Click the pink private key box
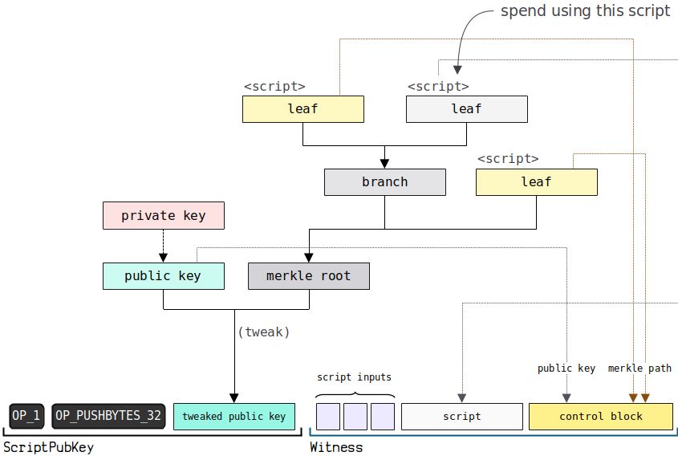[x=164, y=215]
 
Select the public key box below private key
[x=164, y=276]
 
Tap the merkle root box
[x=309, y=276]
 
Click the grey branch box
[x=385, y=182]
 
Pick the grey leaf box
[x=466, y=109]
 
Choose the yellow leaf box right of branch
[x=537, y=182]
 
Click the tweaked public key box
[x=234, y=417]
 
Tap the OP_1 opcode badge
[x=26, y=416]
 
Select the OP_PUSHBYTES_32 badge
[x=108, y=416]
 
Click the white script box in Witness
[x=462, y=417]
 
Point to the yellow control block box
[x=601, y=417]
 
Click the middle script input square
[x=355, y=417]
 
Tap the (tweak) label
[x=264, y=332]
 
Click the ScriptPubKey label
[x=48, y=447]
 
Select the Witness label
[x=336, y=447]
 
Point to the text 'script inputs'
[x=354, y=377]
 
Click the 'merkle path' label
[x=640, y=368]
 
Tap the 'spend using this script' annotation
[x=586, y=10]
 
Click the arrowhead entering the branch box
[x=384, y=163]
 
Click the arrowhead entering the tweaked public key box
[x=234, y=398]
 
